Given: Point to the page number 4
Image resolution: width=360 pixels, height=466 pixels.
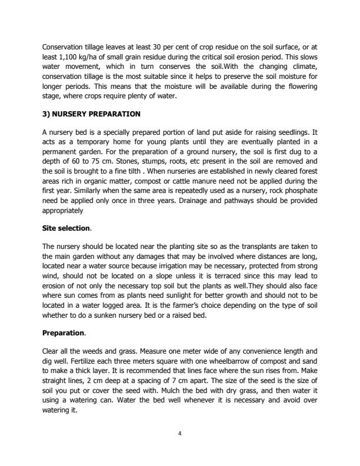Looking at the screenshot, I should pyautogui.click(x=180, y=432).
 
